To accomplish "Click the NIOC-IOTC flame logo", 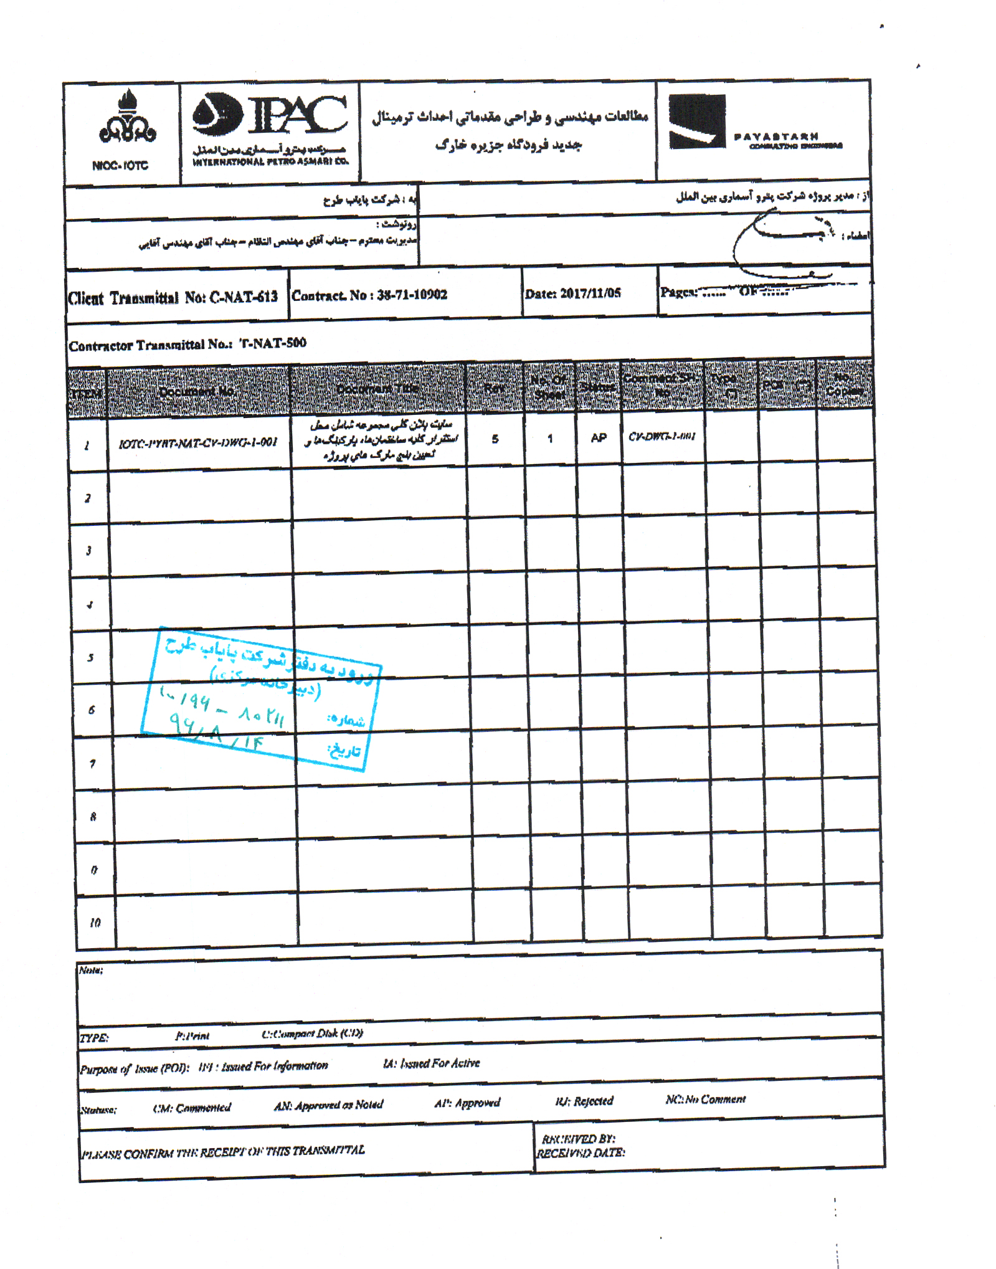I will pyautogui.click(x=127, y=118).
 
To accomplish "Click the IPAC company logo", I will pyautogui.click(x=270, y=115).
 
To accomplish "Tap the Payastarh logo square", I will pyautogui.click(x=696, y=121).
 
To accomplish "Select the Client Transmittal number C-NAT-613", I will pyautogui.click(x=243, y=297).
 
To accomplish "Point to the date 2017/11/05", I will pyautogui.click(x=590, y=293).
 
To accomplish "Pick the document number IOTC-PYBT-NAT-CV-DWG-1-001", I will pyautogui.click(x=198, y=443).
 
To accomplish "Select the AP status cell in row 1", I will pyautogui.click(x=598, y=438).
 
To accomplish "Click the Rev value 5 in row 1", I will pyautogui.click(x=495, y=439).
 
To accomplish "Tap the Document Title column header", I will pyautogui.click(x=377, y=389).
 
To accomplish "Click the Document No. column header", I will pyautogui.click(x=197, y=391).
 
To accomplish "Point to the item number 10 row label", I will pyautogui.click(x=95, y=923).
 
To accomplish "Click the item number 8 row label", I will pyautogui.click(x=93, y=817).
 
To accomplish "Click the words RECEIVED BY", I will pyautogui.click(x=578, y=1139).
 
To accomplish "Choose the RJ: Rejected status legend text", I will pyautogui.click(x=584, y=1101).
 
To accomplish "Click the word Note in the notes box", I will pyautogui.click(x=90, y=970).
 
